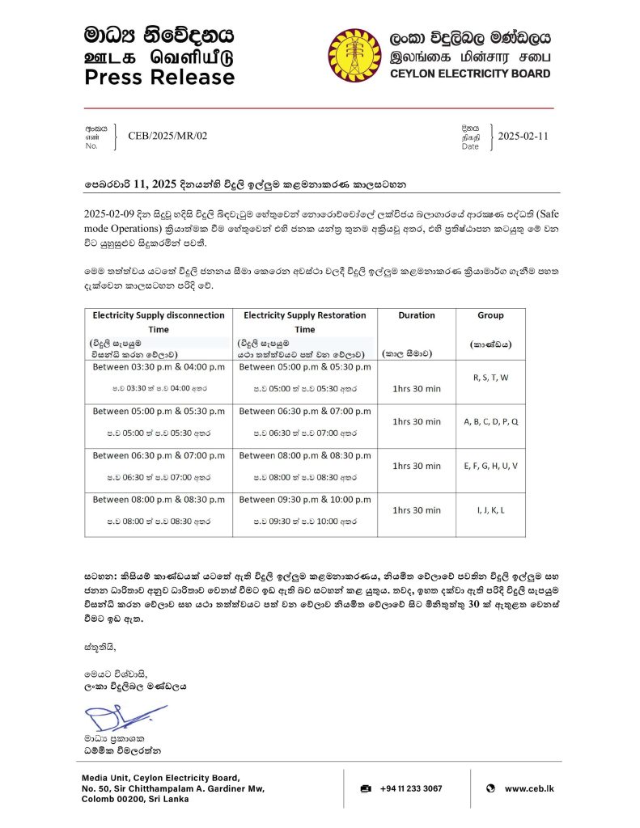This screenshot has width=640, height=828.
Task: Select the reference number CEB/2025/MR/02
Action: [x=167, y=136]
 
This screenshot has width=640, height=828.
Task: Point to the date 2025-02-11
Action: [x=523, y=136]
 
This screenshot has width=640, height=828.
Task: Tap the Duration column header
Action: [x=417, y=315]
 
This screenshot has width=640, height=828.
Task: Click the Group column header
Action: [x=490, y=315]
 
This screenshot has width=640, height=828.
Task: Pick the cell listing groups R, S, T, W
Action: [x=490, y=377]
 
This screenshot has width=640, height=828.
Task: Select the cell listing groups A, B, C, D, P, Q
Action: [x=490, y=421]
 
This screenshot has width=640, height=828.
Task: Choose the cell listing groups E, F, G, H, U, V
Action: [x=490, y=466]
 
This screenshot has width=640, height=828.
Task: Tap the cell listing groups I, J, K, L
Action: [x=490, y=510]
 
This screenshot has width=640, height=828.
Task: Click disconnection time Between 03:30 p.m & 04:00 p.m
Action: [x=158, y=367]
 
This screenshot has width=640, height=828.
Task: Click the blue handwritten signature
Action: [x=121, y=717]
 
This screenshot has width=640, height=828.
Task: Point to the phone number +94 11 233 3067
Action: [x=412, y=788]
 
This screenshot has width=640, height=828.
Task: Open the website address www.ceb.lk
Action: [x=529, y=788]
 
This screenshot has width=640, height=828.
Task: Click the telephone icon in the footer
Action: [x=366, y=788]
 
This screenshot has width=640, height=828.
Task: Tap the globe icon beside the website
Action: [x=490, y=788]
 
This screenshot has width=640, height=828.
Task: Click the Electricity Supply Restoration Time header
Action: [x=304, y=322]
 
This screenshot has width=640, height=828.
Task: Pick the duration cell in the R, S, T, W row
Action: [x=417, y=389]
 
